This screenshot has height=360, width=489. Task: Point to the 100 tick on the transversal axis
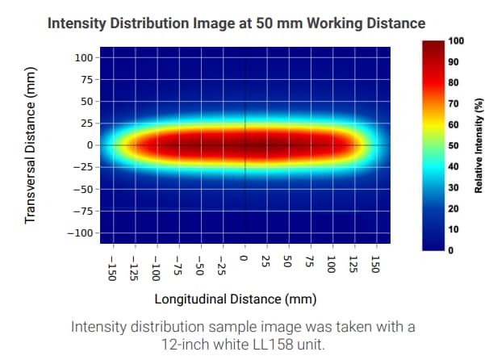click(83, 58)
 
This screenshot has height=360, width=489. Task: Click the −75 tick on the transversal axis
click(83, 211)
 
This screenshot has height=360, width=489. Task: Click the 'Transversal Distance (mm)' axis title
click(31, 145)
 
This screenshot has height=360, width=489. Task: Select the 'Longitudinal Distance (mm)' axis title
click(235, 299)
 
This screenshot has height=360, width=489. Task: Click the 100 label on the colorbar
click(457, 40)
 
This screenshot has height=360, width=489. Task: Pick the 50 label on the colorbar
click(453, 145)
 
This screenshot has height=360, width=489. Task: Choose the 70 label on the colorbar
click(453, 103)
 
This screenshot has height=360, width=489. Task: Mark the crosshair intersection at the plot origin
click(245, 145)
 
